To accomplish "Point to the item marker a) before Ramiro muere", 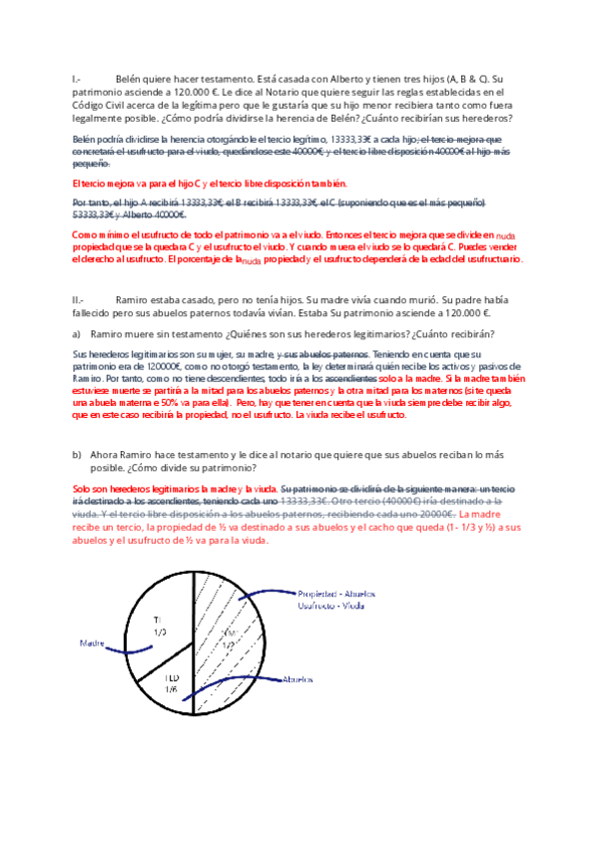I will (77, 333).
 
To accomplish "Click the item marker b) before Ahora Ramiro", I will (77, 454).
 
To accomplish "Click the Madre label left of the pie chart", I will (93, 642).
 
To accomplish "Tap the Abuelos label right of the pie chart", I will (299, 678).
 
